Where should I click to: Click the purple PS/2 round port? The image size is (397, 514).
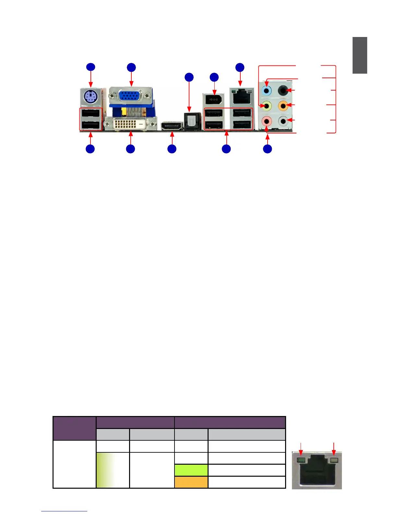[90, 96]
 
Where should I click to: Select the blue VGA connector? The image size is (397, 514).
[131, 96]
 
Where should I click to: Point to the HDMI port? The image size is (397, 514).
[172, 126]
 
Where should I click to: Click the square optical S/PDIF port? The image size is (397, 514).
[190, 121]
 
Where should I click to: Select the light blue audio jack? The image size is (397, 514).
[267, 90]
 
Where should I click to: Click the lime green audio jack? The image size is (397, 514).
[267, 105]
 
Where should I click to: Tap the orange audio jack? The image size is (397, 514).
[283, 105]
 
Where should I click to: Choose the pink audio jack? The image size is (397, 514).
[267, 121]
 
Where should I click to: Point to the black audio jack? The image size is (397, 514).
[283, 90]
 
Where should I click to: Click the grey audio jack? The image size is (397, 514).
[283, 121]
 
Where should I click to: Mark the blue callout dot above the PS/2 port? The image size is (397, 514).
[90, 67]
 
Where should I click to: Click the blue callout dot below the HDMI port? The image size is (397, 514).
[172, 149]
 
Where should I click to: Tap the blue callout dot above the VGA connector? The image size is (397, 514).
[131, 67]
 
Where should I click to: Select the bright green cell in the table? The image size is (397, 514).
[191, 470]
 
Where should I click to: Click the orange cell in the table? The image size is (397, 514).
[191, 482]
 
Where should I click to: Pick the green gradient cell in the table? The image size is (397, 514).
[113, 470]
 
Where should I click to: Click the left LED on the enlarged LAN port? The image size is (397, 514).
[301, 460]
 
